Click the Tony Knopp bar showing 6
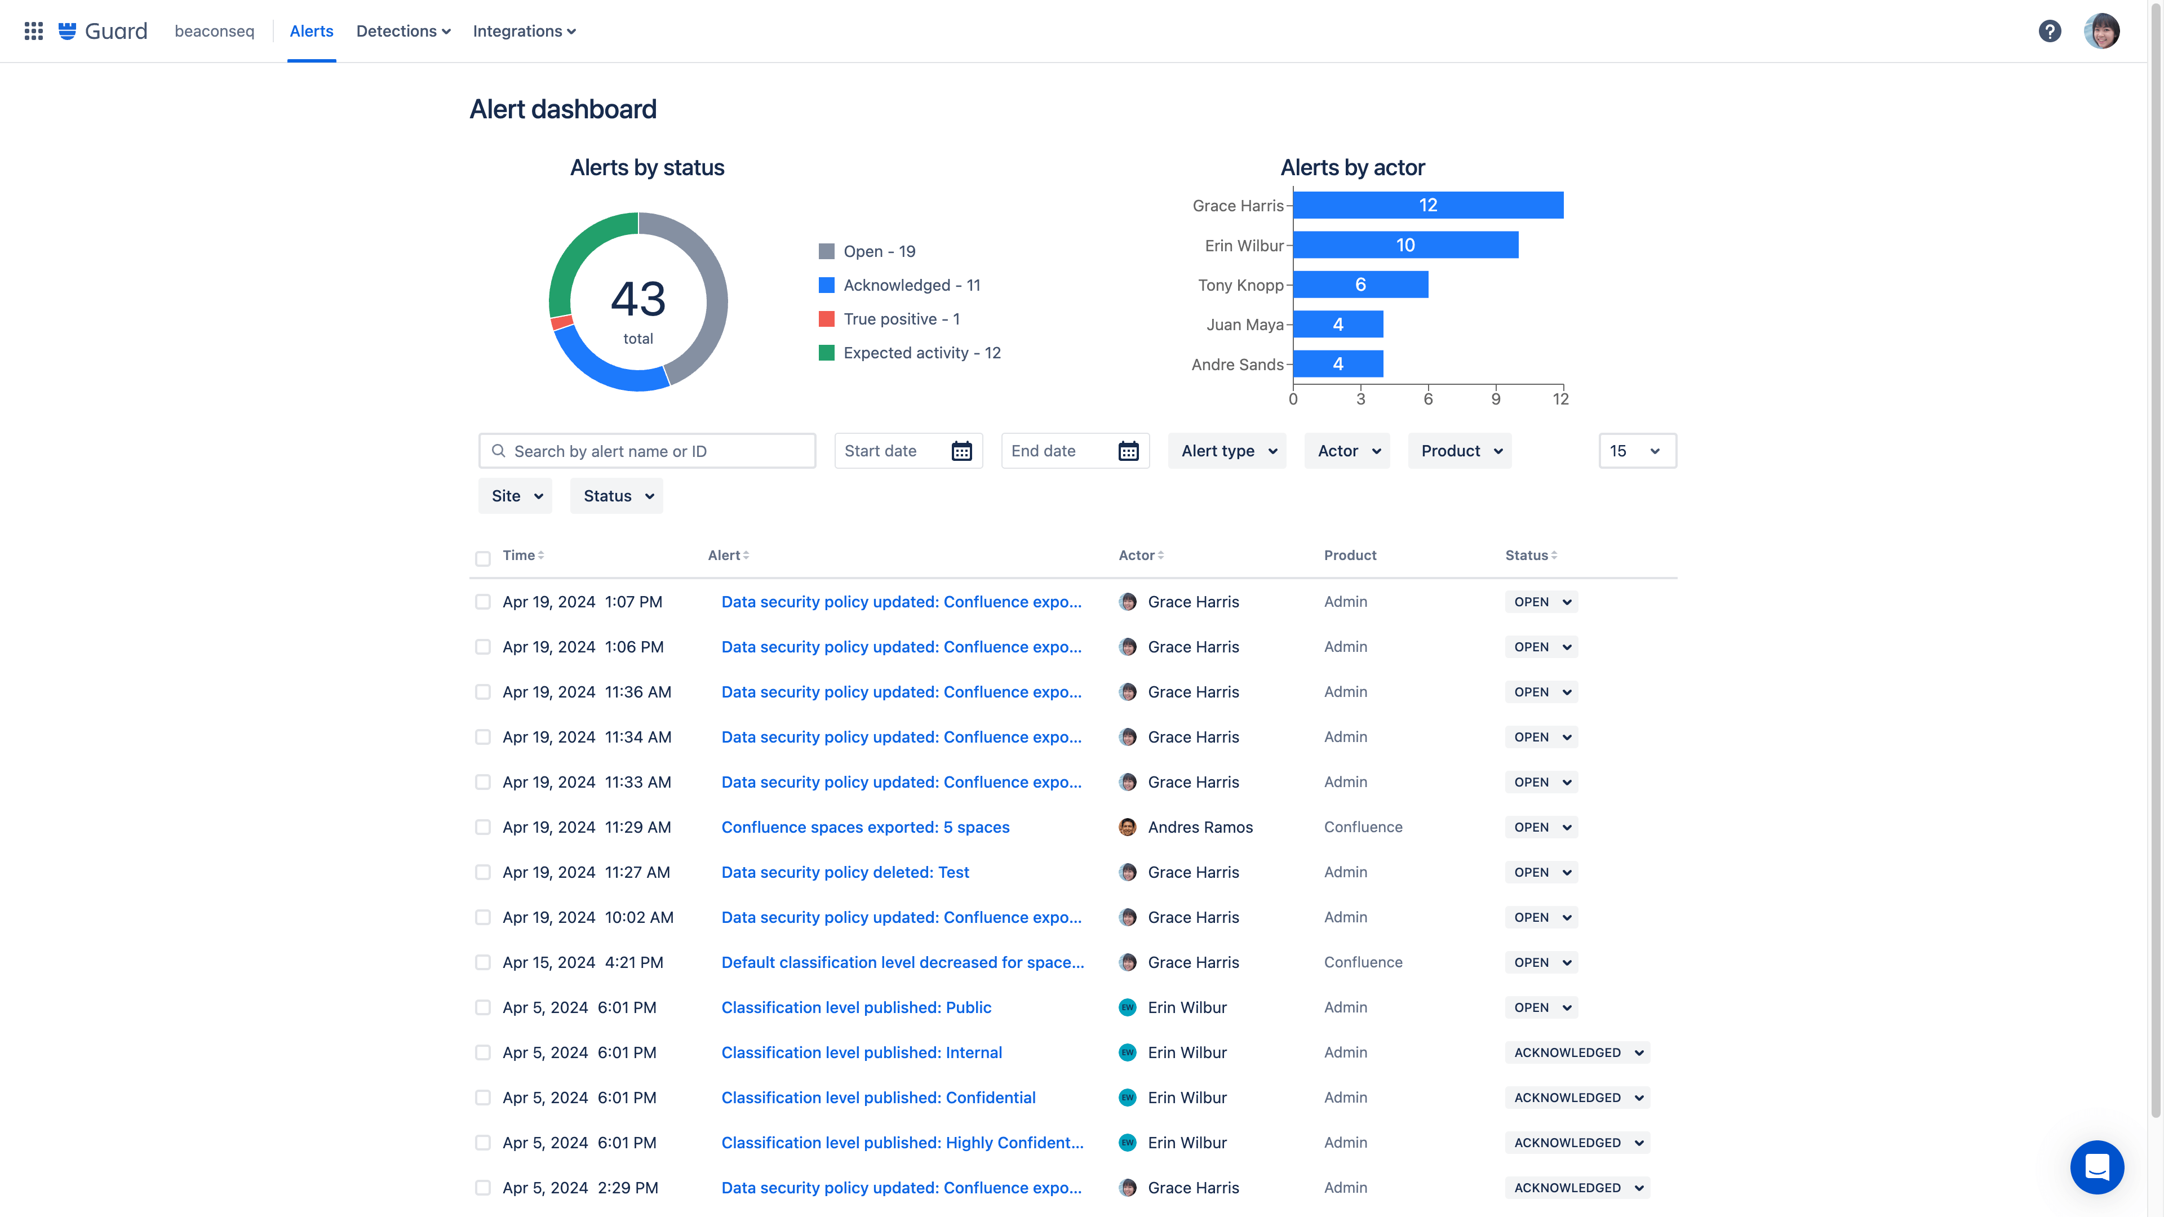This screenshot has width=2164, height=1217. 1360,285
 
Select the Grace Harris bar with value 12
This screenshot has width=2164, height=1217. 1427,205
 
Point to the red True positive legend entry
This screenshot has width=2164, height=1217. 890,319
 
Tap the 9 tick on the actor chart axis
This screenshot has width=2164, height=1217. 1495,399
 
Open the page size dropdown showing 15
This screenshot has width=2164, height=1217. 1637,451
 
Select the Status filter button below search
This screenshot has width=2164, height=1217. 617,496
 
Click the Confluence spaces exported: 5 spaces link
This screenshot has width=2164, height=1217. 865,827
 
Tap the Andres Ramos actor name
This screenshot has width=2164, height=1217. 1200,827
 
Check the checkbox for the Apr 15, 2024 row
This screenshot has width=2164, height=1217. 482,962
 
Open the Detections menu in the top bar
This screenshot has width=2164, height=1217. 403,31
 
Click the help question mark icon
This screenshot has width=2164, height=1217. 2049,31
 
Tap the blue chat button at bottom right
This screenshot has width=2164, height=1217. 2097,1167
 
